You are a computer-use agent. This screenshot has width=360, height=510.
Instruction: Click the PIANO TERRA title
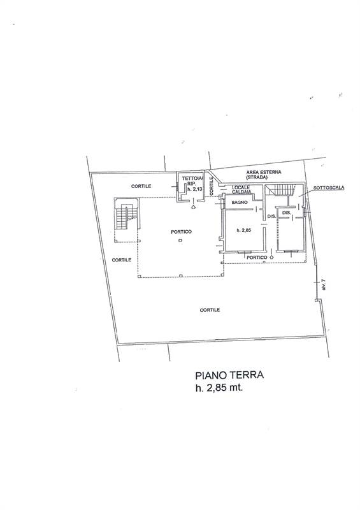[x=229, y=375]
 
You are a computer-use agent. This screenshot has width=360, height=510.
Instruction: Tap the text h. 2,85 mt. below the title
[x=219, y=388]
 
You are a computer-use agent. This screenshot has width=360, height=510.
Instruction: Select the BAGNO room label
[x=240, y=202]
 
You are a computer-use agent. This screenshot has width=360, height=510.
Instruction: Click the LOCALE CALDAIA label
[x=241, y=189]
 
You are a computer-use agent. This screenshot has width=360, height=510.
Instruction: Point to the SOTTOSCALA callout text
[x=329, y=187]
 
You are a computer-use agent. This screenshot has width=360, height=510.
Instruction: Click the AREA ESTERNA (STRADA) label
[x=264, y=175]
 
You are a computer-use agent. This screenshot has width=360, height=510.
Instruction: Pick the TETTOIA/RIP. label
[x=192, y=181]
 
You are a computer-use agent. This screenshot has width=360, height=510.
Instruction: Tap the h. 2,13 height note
[x=194, y=188]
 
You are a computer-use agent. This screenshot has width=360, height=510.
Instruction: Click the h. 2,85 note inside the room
[x=244, y=230]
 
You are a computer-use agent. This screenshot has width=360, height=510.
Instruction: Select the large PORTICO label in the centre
[x=181, y=231]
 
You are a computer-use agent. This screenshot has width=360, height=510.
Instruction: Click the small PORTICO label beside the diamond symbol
[x=257, y=258]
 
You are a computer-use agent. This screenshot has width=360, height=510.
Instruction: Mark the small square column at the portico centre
[x=180, y=240]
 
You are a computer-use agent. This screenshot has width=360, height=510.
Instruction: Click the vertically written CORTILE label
[x=212, y=186]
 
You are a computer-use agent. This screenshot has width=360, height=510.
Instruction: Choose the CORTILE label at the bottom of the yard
[x=210, y=310]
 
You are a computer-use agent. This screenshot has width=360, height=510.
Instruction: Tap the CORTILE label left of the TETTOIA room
[x=141, y=186]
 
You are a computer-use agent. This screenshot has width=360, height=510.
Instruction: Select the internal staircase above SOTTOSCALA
[x=282, y=190]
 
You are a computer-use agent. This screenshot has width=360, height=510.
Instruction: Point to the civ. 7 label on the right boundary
[x=324, y=284]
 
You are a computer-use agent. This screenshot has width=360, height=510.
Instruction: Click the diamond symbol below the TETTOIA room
[x=194, y=207]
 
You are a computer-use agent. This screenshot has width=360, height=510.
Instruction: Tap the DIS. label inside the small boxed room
[x=287, y=212]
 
